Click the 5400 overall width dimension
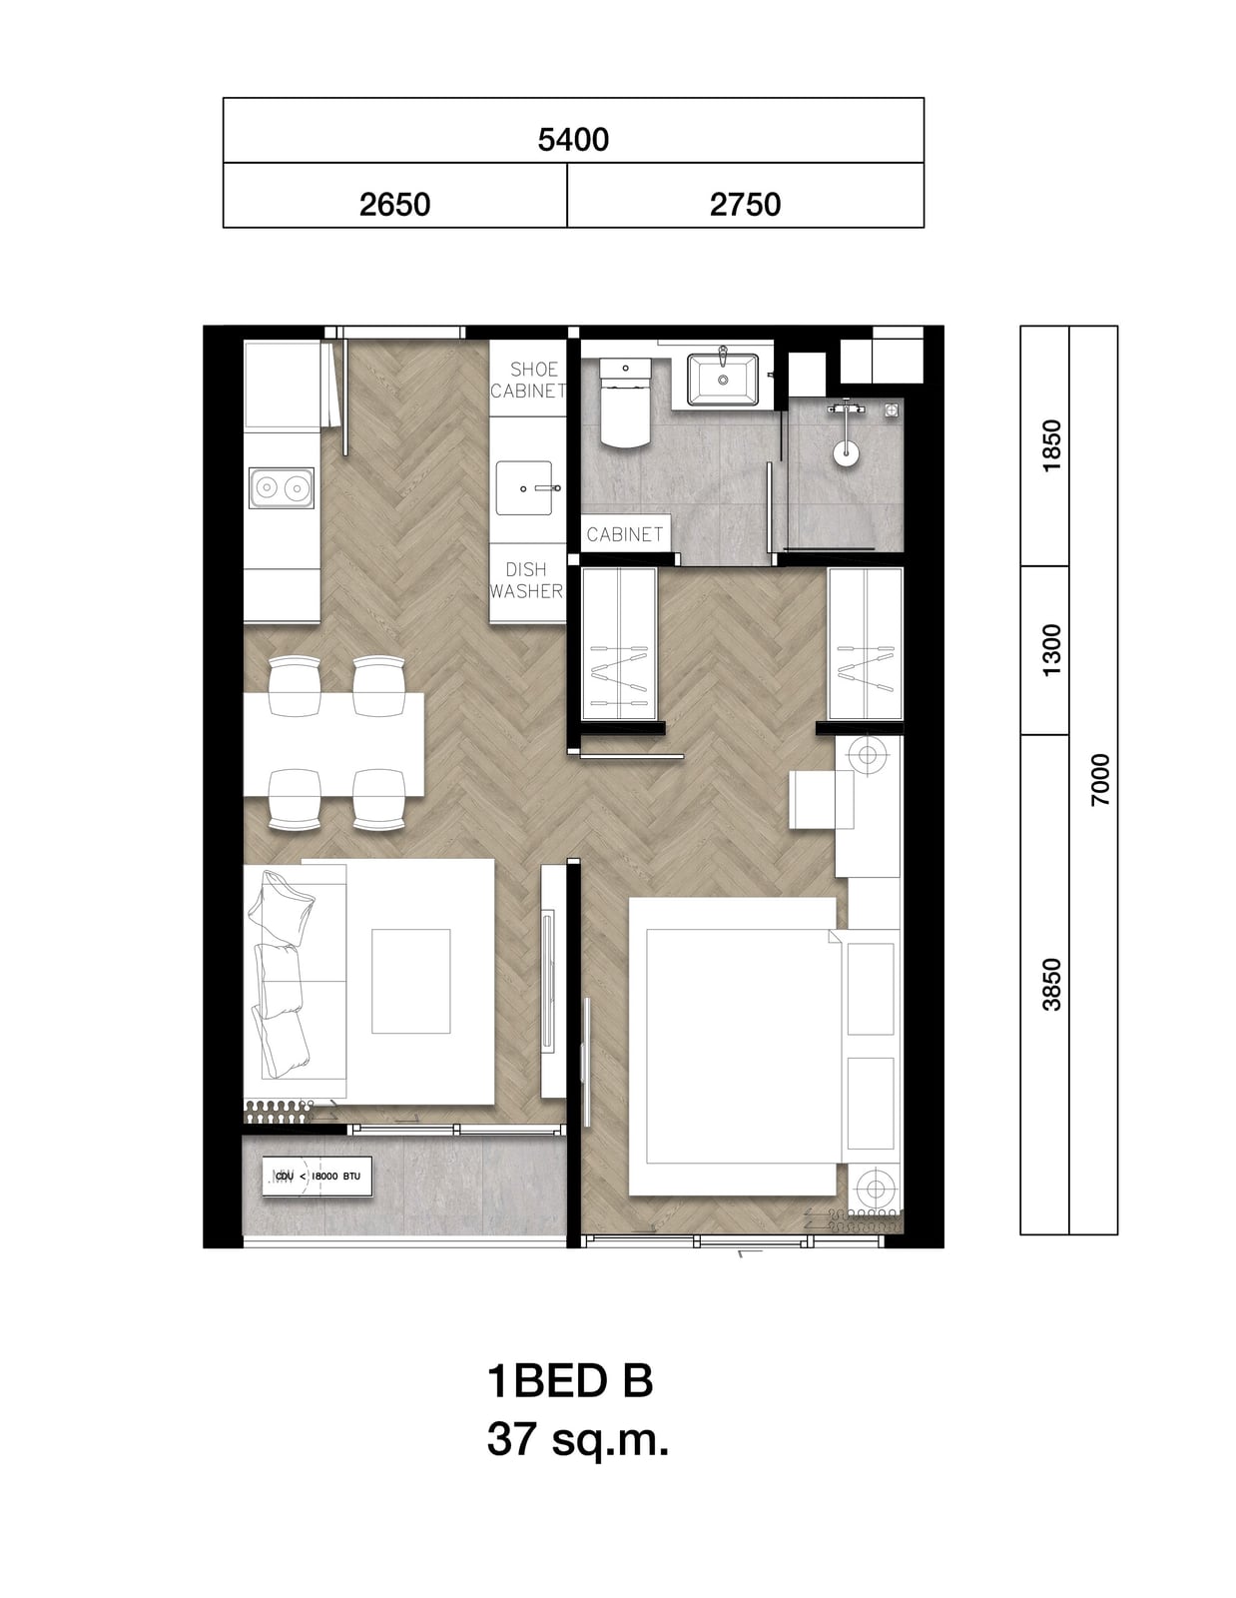pyautogui.click(x=573, y=139)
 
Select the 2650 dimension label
pyautogui.click(x=394, y=204)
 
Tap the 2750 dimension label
pyautogui.click(x=745, y=204)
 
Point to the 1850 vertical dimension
pyautogui.click(x=1051, y=445)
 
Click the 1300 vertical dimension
pyautogui.click(x=1051, y=650)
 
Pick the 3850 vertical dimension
pyautogui.click(x=1051, y=985)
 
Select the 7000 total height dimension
pyautogui.click(x=1100, y=780)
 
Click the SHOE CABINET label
pyautogui.click(x=528, y=380)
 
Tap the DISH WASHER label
pyautogui.click(x=526, y=580)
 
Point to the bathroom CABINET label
pyautogui.click(x=625, y=534)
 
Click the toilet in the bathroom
pyautogui.click(x=625, y=402)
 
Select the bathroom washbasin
pyautogui.click(x=723, y=379)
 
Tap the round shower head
pyautogui.click(x=847, y=453)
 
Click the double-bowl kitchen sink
pyautogui.click(x=282, y=487)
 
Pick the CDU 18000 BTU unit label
pyautogui.click(x=317, y=1176)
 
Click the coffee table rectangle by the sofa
pyautogui.click(x=410, y=981)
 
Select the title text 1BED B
pyautogui.click(x=569, y=1381)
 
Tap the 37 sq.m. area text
pyautogui.click(x=578, y=1440)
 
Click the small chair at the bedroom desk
pyautogui.click(x=821, y=799)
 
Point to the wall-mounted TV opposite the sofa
pyautogui.click(x=547, y=980)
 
